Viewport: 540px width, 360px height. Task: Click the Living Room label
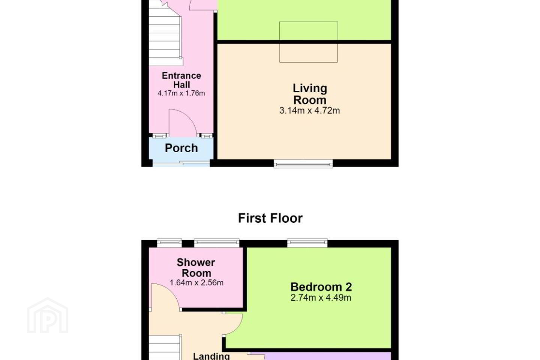click(x=310, y=94)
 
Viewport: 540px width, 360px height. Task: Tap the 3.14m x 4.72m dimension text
click(x=309, y=111)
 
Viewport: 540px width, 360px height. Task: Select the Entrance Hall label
click(x=181, y=80)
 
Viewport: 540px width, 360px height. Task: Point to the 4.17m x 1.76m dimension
click(x=181, y=93)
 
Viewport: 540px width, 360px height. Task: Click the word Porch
click(x=181, y=148)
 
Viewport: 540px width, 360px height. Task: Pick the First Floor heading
click(x=270, y=218)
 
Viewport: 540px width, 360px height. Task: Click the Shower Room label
click(x=196, y=268)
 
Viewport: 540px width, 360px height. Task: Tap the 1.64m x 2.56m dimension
click(x=196, y=283)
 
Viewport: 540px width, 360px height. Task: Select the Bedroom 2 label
click(x=321, y=287)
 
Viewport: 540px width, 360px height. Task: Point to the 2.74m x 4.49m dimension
click(x=321, y=298)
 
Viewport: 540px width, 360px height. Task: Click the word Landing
click(x=211, y=356)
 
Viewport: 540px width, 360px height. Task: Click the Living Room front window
click(x=303, y=164)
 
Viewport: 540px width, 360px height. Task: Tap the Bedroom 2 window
click(x=307, y=243)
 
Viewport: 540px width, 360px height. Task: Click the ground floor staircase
click(x=165, y=36)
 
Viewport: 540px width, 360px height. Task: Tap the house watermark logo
click(x=48, y=315)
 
